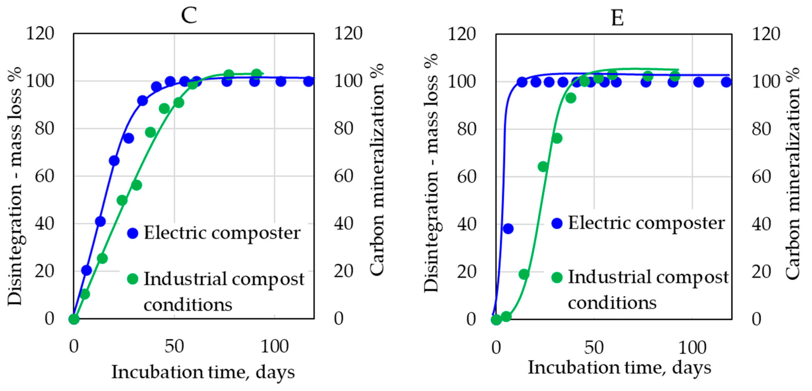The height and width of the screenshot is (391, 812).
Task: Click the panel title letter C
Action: coord(189,15)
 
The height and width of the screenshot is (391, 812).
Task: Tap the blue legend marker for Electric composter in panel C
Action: coord(133,233)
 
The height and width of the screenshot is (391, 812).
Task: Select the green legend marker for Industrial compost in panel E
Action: coord(557,277)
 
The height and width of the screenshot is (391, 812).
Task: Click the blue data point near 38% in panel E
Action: coord(508,228)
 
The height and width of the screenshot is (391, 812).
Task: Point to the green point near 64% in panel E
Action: coord(543,167)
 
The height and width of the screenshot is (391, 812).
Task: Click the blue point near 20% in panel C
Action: coord(86,270)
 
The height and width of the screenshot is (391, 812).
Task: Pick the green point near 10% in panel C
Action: coord(84,294)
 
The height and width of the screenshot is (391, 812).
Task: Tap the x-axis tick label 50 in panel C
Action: coord(174,346)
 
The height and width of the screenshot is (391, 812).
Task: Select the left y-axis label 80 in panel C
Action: coord(44,128)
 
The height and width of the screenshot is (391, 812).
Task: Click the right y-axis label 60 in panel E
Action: coord(761,177)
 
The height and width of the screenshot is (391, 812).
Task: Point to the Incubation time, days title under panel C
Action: coord(203,372)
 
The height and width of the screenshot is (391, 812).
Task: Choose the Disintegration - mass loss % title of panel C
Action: coord(15,186)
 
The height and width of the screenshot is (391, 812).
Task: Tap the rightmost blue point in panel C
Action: coord(309,81)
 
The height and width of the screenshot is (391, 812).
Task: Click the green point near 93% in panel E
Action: coord(571,98)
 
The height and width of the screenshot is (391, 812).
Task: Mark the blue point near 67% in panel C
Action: coord(114,161)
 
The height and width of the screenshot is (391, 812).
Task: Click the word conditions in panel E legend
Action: coord(612,303)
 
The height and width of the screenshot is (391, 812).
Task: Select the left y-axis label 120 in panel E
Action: coord(461,34)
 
